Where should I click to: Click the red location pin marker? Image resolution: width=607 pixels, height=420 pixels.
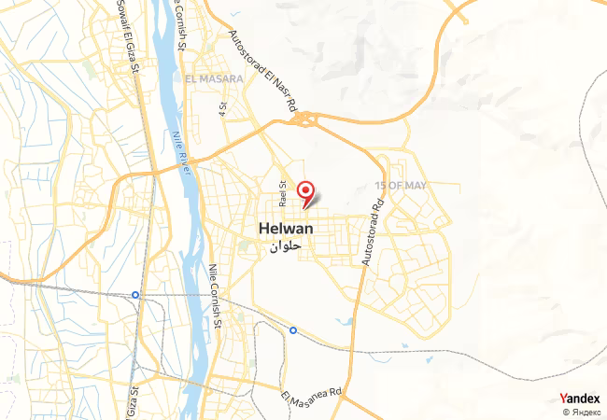click(305, 191)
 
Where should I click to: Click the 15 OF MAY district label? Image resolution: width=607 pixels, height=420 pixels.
click(400, 186)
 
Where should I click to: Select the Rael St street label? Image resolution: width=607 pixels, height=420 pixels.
click(281, 196)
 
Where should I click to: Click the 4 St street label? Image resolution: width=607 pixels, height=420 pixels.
click(223, 108)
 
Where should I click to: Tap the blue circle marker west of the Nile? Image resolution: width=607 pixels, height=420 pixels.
click(135, 295)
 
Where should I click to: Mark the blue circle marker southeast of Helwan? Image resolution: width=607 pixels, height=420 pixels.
click(293, 330)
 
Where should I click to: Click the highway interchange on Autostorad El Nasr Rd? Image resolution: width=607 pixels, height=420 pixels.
click(305, 118)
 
